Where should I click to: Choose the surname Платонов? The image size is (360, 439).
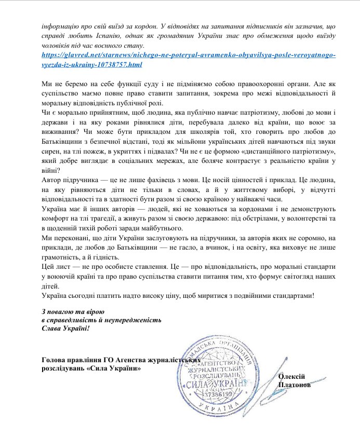tap(295, 385)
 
